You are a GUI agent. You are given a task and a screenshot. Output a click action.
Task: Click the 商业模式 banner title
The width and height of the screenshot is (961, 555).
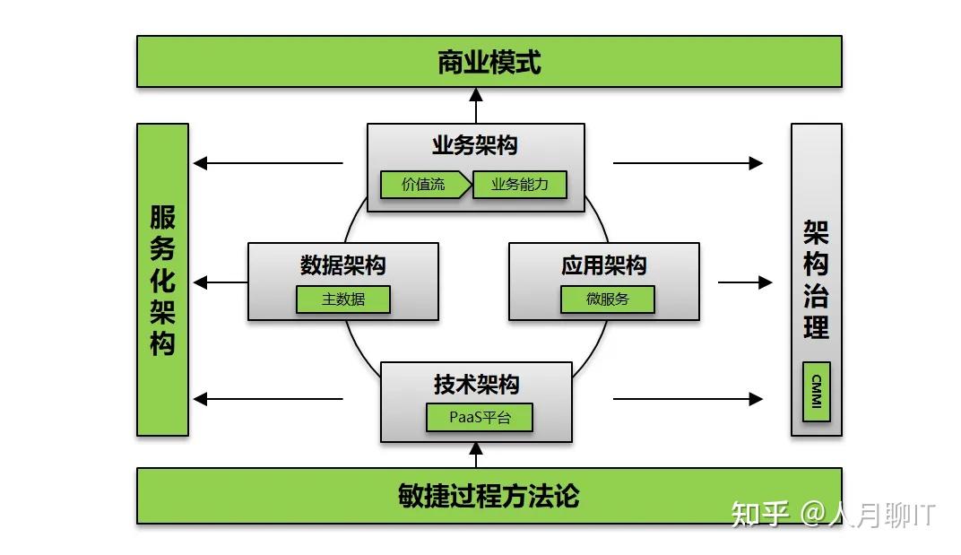click(489, 63)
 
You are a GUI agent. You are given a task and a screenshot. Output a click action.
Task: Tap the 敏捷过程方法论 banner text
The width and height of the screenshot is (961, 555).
click(489, 496)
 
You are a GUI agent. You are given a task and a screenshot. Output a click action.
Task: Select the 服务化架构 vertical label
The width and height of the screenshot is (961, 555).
click(162, 280)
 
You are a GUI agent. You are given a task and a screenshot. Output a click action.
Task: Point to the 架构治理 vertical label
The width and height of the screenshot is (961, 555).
click(816, 278)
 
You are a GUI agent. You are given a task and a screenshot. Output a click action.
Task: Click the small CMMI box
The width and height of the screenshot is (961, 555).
click(816, 392)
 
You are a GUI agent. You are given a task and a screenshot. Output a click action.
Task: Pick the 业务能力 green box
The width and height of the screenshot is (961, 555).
click(520, 185)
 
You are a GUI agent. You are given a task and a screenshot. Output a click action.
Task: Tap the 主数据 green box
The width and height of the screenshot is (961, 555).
click(343, 299)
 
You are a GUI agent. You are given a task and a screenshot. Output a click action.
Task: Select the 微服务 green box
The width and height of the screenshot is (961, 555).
click(607, 299)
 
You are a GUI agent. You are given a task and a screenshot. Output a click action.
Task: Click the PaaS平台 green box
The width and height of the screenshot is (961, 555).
click(479, 418)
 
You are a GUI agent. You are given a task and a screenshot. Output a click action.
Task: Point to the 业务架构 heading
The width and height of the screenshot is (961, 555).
click(475, 145)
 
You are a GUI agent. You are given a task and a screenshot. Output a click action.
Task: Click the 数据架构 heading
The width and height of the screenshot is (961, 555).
click(343, 264)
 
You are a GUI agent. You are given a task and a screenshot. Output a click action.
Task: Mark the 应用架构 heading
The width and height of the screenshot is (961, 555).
click(604, 264)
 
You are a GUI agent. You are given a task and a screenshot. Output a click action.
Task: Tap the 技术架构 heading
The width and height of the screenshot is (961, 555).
click(476, 385)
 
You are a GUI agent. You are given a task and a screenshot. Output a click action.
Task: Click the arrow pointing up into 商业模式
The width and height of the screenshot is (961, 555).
click(476, 105)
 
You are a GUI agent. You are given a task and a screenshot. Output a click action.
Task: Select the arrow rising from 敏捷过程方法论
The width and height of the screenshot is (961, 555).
click(476, 455)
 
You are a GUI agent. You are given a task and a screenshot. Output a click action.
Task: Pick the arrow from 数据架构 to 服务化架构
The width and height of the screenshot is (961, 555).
click(221, 282)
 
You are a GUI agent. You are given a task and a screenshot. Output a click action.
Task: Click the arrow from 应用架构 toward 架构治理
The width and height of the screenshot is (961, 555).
click(744, 282)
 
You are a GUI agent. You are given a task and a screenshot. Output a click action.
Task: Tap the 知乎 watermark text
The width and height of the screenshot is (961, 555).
click(760, 515)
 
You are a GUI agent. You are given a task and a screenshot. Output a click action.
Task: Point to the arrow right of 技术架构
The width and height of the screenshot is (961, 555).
click(687, 399)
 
